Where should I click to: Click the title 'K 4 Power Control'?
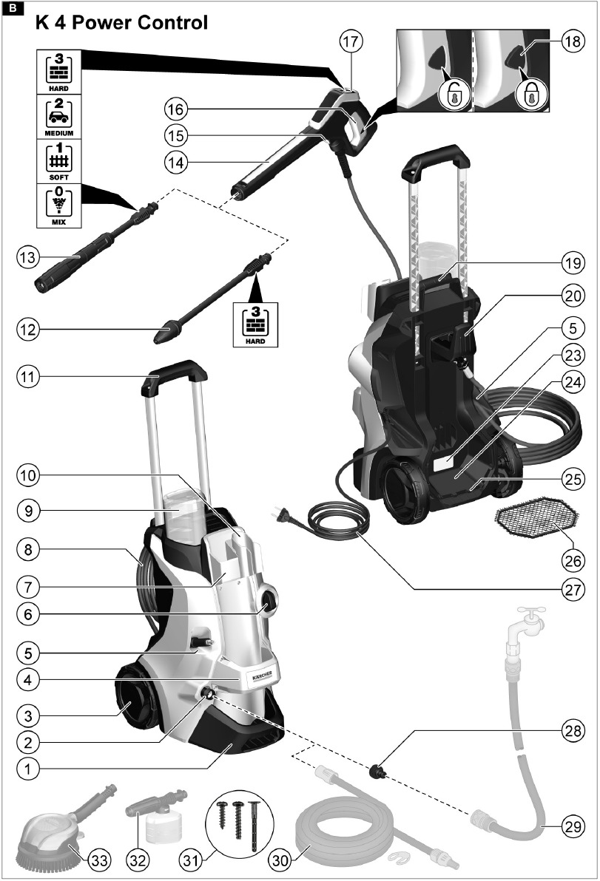[x=122, y=23]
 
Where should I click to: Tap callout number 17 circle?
[x=352, y=42]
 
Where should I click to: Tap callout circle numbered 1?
[x=27, y=768]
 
